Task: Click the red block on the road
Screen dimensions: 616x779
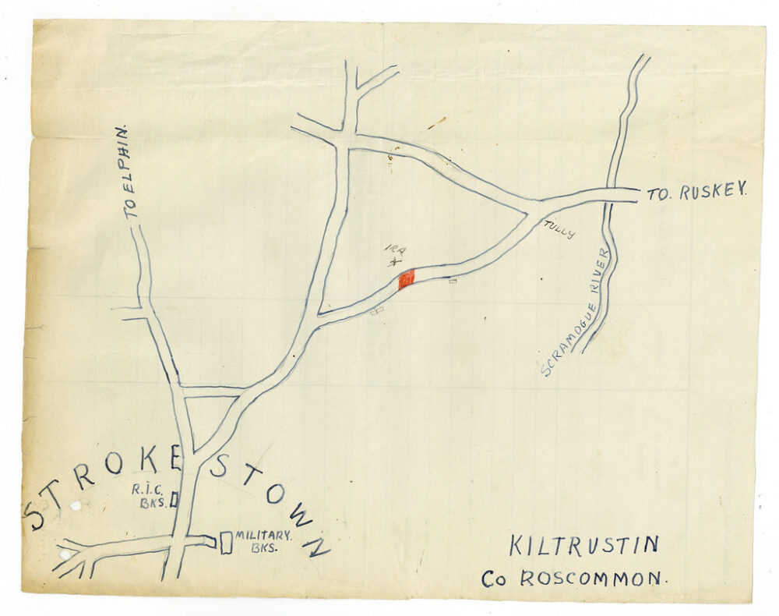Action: [x=406, y=279]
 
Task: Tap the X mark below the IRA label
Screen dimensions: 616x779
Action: [x=394, y=264]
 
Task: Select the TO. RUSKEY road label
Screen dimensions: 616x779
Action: [x=696, y=192]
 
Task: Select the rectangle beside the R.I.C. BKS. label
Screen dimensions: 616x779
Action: [x=174, y=500]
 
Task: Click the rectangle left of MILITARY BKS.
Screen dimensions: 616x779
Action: [x=226, y=542]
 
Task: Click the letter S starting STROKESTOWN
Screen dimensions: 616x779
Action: [x=35, y=515]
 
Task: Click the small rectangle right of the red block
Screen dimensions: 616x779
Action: [x=453, y=281]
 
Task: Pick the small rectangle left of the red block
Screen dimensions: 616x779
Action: [x=378, y=310]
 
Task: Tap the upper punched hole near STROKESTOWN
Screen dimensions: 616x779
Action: [x=76, y=506]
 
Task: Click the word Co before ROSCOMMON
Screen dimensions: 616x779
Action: [x=495, y=580]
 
